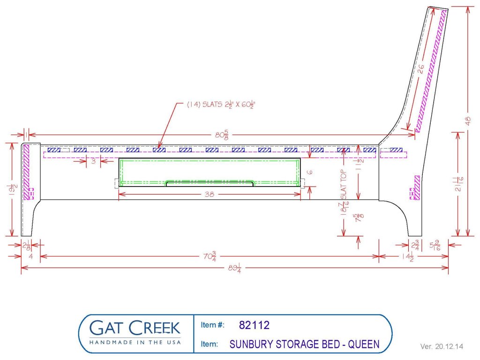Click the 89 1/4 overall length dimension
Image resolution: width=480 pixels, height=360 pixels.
[234, 268]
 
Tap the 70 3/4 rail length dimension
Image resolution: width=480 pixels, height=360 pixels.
[210, 256]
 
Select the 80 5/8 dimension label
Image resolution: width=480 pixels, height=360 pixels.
[222, 134]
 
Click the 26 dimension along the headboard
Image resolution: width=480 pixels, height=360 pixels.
[421, 68]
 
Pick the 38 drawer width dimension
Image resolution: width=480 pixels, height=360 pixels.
[210, 194]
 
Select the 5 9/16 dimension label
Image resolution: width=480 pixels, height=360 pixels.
[435, 246]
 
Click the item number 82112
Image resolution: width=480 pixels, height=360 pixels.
[254, 325]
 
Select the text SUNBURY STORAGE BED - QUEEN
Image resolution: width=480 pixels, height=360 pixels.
[304, 344]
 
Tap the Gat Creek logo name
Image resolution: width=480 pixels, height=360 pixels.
[135, 328]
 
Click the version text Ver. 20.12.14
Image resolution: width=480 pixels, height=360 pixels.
[442, 346]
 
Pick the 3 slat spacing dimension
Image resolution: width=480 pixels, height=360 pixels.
[93, 161]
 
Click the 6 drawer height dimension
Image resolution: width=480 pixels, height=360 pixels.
[310, 172]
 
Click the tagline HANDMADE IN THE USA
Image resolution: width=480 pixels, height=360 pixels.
[135, 342]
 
